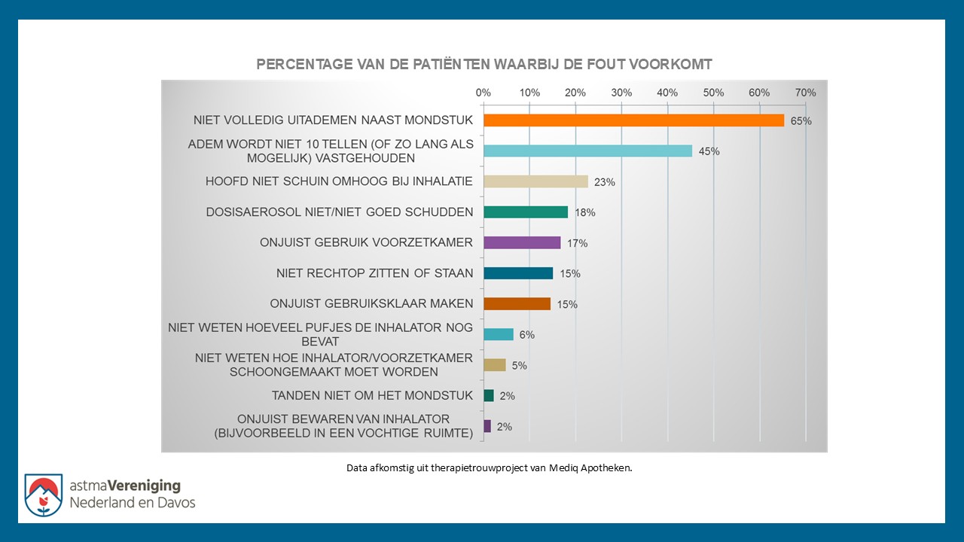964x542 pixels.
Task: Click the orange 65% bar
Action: (633, 120)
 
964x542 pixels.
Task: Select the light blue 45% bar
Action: (587, 151)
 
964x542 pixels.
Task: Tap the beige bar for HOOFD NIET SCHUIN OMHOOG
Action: (535, 181)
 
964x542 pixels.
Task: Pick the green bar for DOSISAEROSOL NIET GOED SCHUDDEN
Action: (526, 212)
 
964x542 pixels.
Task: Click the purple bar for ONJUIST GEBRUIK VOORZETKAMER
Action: (522, 242)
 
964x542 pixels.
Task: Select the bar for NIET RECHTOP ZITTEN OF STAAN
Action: (518, 273)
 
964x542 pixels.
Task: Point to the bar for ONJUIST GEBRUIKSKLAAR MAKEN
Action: (517, 304)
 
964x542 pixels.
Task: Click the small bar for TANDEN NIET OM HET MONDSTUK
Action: (489, 395)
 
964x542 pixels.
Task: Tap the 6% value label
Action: (526, 335)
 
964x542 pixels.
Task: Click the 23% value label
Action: (605, 182)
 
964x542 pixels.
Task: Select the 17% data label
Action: (578, 243)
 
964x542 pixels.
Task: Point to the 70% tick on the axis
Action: (806, 93)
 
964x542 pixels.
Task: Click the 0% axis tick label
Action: (484, 93)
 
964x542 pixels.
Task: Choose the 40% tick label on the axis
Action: (667, 93)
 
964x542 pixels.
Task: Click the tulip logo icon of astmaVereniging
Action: (43, 495)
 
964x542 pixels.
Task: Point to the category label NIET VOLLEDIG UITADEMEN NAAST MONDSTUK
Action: (333, 120)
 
